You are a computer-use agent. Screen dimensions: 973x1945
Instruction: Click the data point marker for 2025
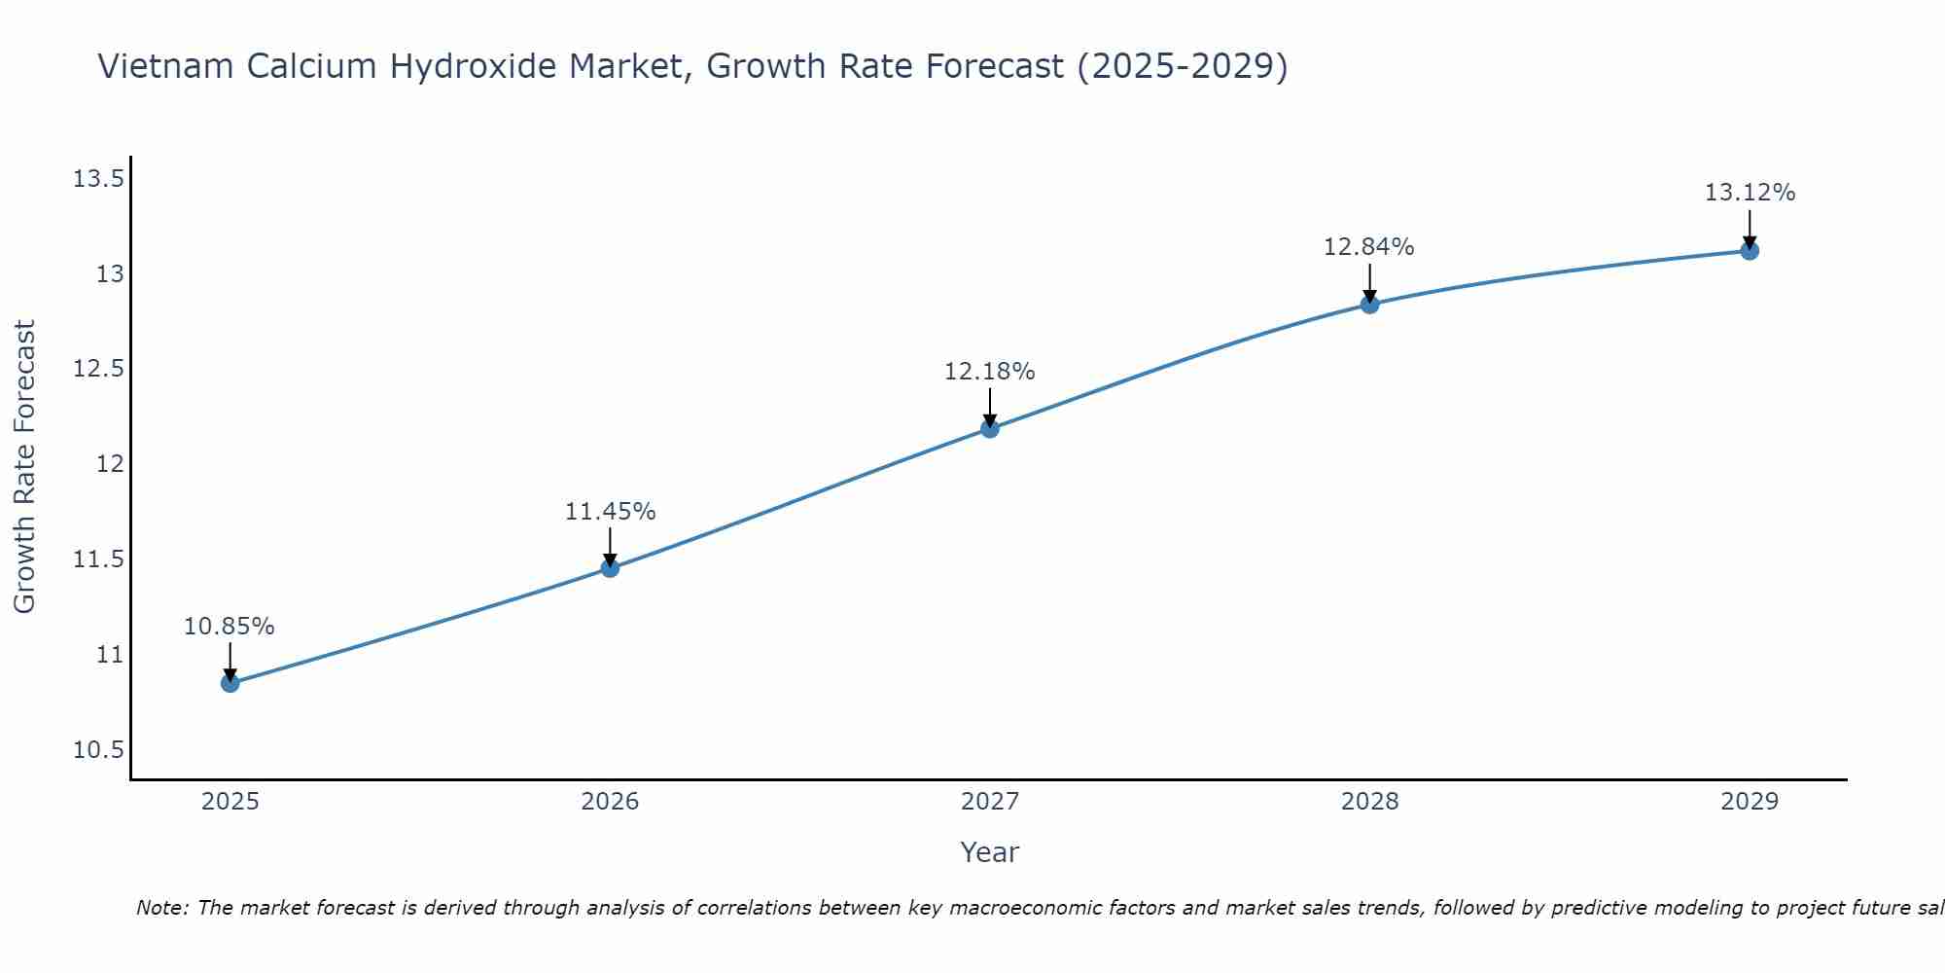(230, 683)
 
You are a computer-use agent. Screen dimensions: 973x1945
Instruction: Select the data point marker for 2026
(610, 568)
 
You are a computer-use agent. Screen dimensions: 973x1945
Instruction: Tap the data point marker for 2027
(990, 428)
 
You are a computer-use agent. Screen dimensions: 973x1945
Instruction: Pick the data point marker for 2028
(1369, 305)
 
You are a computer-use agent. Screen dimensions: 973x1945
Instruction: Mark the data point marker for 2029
(1750, 251)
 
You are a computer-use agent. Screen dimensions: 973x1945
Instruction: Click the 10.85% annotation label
(230, 627)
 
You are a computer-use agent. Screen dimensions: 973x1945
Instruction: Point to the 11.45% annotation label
(610, 512)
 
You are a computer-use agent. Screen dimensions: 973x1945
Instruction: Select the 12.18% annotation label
(990, 372)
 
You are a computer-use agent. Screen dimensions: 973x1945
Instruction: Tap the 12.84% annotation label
(1369, 247)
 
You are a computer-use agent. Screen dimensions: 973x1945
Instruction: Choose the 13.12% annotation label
(1750, 193)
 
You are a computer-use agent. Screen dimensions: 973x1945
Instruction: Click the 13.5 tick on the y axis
(98, 179)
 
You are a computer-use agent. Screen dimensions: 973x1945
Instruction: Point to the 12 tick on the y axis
(110, 464)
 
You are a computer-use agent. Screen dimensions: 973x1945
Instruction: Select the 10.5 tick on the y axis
(98, 750)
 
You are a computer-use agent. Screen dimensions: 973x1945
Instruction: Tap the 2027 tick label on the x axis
(990, 802)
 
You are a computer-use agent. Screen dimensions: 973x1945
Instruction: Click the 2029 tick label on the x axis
(1750, 802)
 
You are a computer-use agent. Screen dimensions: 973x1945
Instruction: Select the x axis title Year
(990, 852)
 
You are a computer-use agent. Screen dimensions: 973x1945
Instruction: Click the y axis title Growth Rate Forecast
(25, 467)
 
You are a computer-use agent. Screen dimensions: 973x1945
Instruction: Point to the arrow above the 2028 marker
(1369, 282)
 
